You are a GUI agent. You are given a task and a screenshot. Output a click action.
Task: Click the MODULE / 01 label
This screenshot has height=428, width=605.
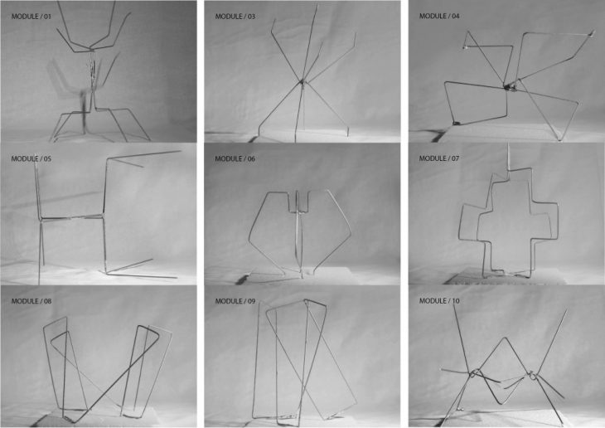(x=31, y=17)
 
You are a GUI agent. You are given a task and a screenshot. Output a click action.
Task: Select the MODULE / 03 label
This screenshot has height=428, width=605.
(x=235, y=17)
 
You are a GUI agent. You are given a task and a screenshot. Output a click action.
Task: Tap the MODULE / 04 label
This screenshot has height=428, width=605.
(x=439, y=17)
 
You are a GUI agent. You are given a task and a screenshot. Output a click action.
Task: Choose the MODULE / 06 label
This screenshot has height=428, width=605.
(x=235, y=158)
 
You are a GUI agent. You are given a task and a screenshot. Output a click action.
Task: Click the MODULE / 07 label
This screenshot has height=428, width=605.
(x=439, y=158)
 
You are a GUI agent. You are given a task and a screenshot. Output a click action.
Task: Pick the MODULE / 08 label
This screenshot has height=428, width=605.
(x=31, y=301)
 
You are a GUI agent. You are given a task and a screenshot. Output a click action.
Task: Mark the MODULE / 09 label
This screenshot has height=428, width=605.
(x=235, y=301)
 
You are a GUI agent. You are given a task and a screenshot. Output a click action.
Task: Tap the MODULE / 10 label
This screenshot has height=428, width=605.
(x=439, y=300)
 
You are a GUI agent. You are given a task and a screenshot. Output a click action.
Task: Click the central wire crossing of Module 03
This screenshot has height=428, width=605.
(x=302, y=81)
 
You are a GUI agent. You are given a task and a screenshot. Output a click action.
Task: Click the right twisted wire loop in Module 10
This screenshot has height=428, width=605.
(x=532, y=375)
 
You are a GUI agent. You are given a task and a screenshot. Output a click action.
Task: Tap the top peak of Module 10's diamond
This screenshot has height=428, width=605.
(x=504, y=338)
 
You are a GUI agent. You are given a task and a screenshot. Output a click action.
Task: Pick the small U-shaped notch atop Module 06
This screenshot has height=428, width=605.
(x=298, y=202)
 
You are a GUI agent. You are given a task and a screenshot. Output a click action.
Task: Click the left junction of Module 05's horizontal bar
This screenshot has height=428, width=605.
(x=41, y=220)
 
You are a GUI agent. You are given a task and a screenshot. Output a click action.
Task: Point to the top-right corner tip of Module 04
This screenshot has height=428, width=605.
(x=592, y=34)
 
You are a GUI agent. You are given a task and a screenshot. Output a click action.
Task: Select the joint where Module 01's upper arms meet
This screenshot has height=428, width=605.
(x=92, y=49)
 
